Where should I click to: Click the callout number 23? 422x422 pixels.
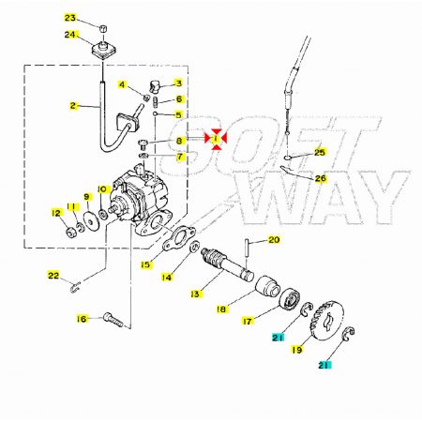[x=70, y=18]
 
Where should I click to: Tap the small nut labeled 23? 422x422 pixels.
[x=103, y=29]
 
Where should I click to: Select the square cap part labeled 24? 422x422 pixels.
[x=105, y=50]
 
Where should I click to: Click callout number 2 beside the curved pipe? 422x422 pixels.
[x=73, y=106]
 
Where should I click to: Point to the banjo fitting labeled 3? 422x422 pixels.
[x=154, y=86]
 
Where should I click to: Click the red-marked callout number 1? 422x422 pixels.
[x=216, y=139]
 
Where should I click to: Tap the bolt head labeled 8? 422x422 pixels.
[x=143, y=143]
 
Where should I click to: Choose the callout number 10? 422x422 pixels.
[x=102, y=188]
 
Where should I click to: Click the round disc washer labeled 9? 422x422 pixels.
[x=91, y=221]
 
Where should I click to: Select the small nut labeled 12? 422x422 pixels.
[x=71, y=233]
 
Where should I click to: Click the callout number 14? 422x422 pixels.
[x=167, y=278]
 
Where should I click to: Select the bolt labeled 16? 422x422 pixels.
[x=113, y=320]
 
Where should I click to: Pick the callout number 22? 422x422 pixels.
[x=53, y=276]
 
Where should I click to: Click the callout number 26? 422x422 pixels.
[x=321, y=178]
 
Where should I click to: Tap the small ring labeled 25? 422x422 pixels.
[x=290, y=158]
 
